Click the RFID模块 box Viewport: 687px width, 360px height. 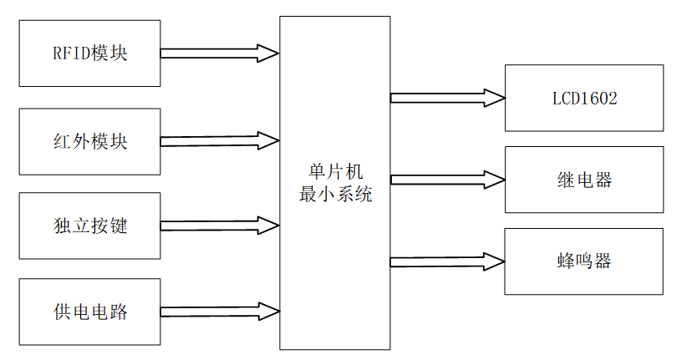pos(89,53)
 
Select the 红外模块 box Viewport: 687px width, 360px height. pos(89,141)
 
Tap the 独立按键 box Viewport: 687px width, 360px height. pos(89,226)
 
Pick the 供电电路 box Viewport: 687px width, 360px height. pos(89,312)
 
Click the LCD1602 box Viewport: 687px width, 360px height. pos(584,99)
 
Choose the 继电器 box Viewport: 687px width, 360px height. pos(584,180)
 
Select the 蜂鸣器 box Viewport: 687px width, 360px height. pos(584,261)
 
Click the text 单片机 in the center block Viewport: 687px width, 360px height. pos(334,172)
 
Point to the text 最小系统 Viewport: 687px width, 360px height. pos(334,195)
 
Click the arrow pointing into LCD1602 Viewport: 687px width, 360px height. pos(447,98)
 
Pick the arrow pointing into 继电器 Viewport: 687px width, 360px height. pos(447,179)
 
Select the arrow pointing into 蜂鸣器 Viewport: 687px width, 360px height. pos(447,261)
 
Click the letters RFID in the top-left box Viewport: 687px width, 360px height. pos(66,53)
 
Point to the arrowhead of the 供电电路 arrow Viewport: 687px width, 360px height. pos(269,312)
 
